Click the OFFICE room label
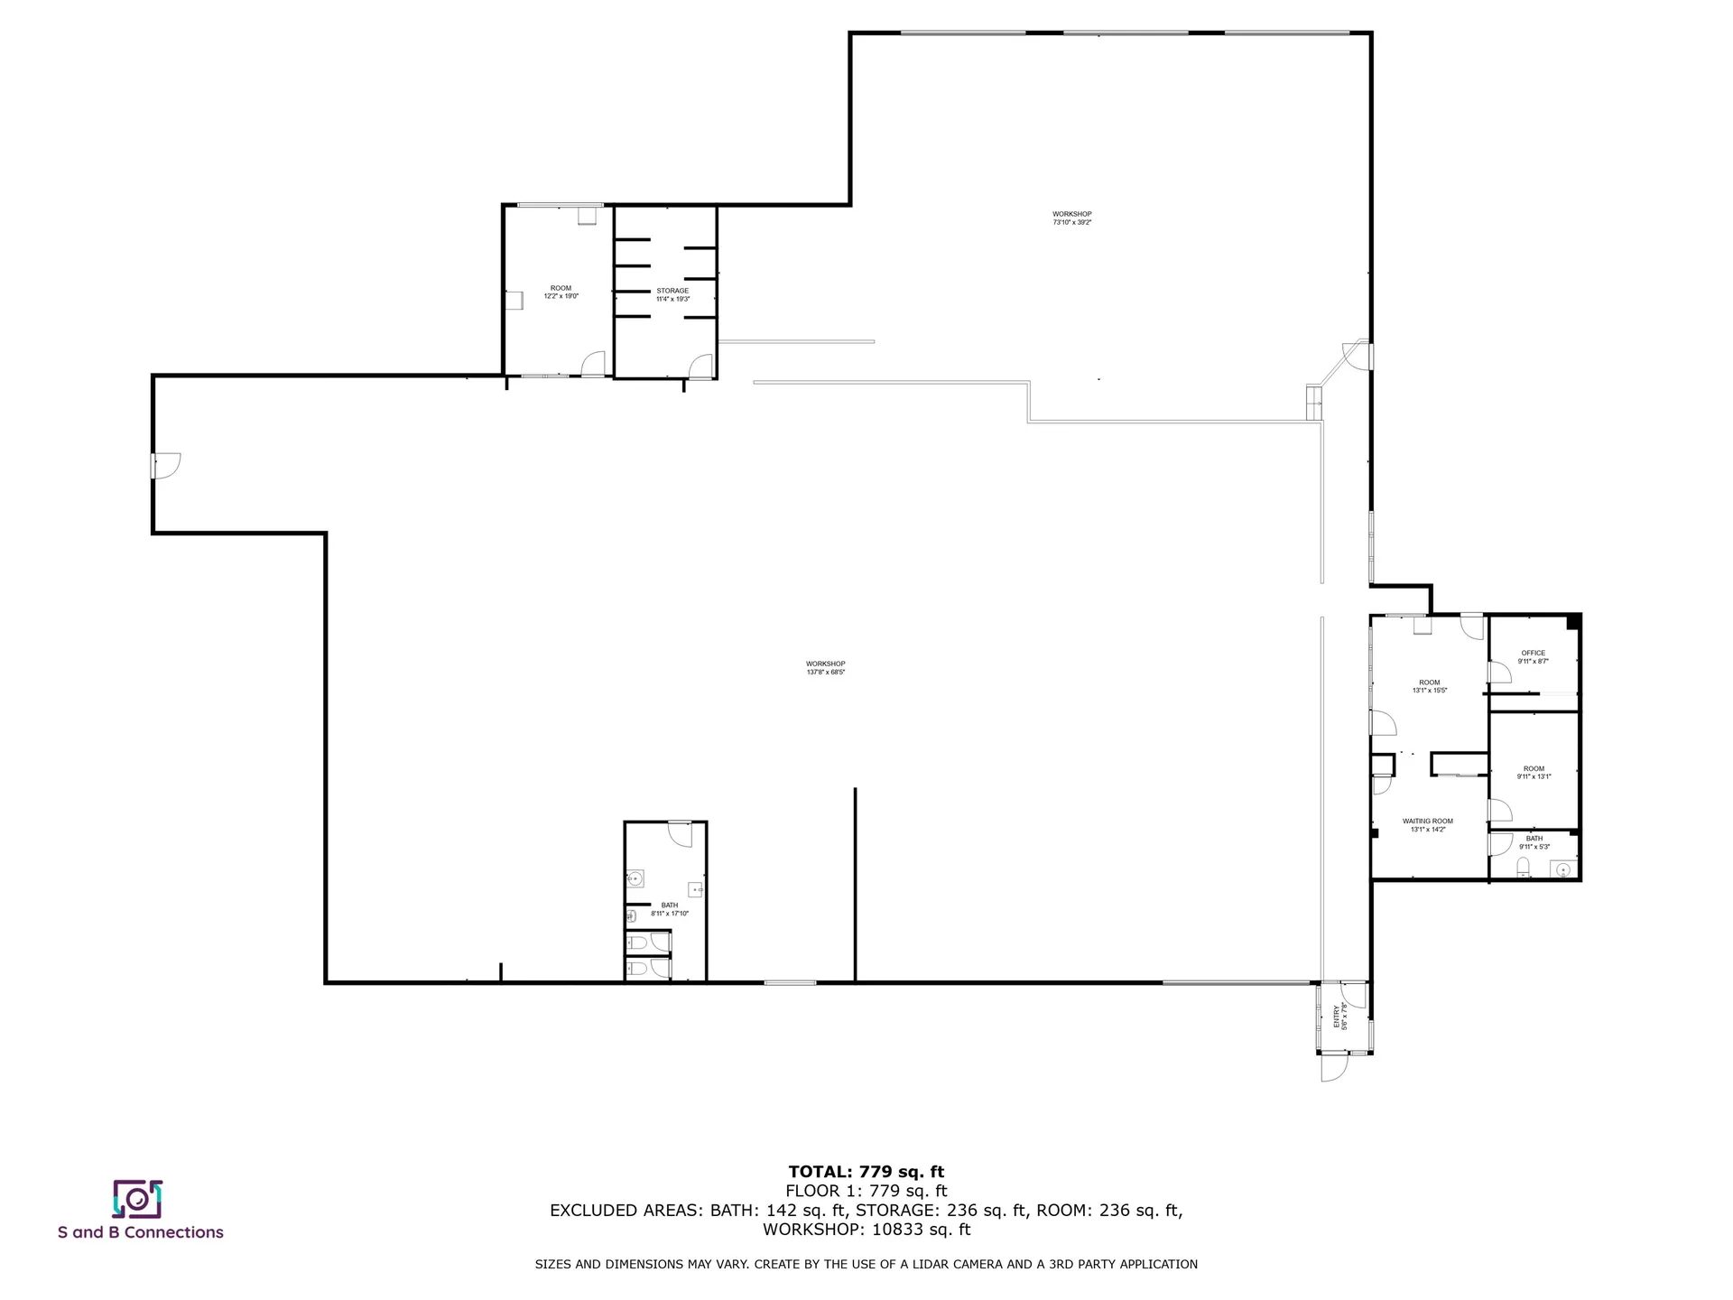pyautogui.click(x=1533, y=653)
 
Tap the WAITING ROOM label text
pyautogui.click(x=1427, y=822)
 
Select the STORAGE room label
pyautogui.click(x=672, y=291)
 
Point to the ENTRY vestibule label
pyautogui.click(x=1337, y=1017)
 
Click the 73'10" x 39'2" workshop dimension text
pyautogui.click(x=1071, y=222)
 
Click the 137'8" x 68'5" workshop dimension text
pyautogui.click(x=825, y=672)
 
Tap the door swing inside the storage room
pyautogui.click(x=700, y=366)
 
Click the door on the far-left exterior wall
pyautogui.click(x=166, y=465)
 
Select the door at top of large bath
pyautogui.click(x=680, y=832)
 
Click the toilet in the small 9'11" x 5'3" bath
pyautogui.click(x=1523, y=868)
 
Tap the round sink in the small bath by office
pyautogui.click(x=1563, y=869)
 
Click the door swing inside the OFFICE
pyautogui.click(x=1499, y=673)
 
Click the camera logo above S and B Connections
pyautogui.click(x=137, y=1198)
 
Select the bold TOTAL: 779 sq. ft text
pyautogui.click(x=866, y=1172)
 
